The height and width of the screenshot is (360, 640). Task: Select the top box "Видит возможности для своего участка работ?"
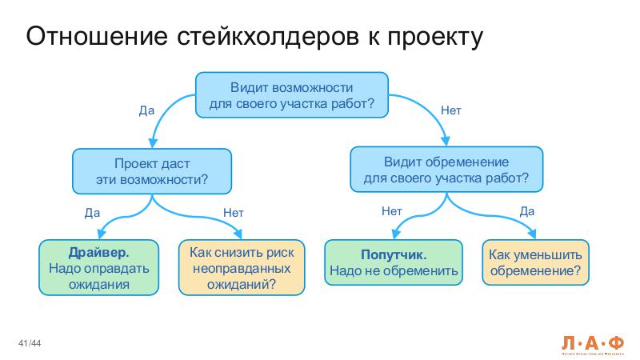pyautogui.click(x=292, y=94)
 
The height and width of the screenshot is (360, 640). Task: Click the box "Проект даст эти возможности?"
pyautogui.click(x=152, y=170)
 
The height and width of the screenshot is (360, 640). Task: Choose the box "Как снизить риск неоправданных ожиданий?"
pyautogui.click(x=242, y=268)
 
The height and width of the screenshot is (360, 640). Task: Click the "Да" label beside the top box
pyautogui.click(x=146, y=110)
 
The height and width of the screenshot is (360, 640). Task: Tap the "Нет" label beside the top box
pyautogui.click(x=450, y=110)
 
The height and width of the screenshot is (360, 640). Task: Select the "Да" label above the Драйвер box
pyautogui.click(x=92, y=213)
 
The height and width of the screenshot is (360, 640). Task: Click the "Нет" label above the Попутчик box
pyautogui.click(x=391, y=211)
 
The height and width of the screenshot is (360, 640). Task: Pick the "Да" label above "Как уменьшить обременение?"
pyautogui.click(x=526, y=211)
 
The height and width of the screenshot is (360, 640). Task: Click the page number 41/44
pyautogui.click(x=30, y=344)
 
